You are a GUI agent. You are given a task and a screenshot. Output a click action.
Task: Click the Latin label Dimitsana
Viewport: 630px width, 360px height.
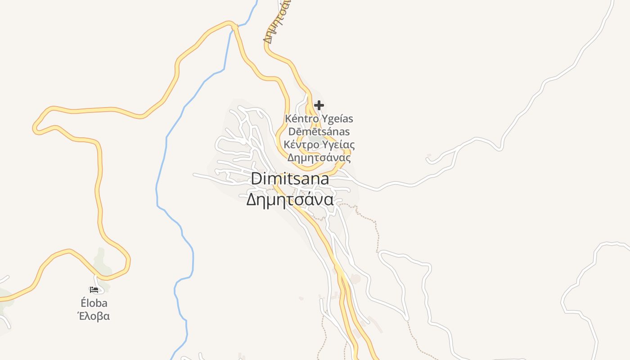(290, 179)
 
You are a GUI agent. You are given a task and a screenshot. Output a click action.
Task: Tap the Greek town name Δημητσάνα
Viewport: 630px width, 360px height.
(290, 199)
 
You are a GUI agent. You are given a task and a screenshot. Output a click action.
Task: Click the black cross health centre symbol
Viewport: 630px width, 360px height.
(319, 105)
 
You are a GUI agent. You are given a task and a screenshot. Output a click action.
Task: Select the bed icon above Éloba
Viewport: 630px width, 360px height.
(94, 290)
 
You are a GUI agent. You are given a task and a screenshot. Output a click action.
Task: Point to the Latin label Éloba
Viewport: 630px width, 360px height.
(94, 303)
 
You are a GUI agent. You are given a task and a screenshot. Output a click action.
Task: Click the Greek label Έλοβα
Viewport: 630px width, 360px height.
(94, 316)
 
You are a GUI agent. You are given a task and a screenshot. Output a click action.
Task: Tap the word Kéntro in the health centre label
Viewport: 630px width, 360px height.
(301, 119)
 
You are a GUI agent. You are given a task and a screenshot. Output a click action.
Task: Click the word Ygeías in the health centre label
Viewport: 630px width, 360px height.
(337, 119)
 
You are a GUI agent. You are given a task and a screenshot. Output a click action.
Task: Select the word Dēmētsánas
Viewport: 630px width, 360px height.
(319, 132)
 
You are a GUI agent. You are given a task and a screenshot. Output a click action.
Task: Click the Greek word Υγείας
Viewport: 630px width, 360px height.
(338, 145)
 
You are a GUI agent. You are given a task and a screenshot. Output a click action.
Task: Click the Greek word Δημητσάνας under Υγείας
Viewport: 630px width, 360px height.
(319, 158)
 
